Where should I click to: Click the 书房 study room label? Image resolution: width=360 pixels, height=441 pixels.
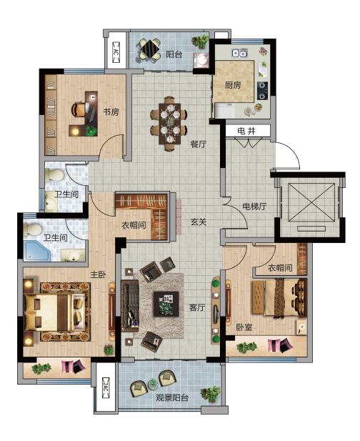click(x=111, y=112)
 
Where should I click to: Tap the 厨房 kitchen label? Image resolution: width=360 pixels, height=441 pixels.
click(x=233, y=84)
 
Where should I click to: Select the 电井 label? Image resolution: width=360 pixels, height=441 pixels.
click(x=246, y=131)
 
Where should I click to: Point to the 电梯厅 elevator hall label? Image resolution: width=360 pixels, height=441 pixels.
click(x=254, y=207)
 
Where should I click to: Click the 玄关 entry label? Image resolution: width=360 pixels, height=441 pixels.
click(x=199, y=222)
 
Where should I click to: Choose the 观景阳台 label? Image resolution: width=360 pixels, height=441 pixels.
click(x=172, y=397)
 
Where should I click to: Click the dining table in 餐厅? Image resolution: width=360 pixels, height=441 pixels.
click(x=170, y=124)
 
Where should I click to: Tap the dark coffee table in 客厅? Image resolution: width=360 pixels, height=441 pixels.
click(x=166, y=304)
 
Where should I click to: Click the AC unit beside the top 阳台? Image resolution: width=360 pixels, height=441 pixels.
click(x=116, y=51)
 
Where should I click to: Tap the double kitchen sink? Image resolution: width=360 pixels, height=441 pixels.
click(x=240, y=53)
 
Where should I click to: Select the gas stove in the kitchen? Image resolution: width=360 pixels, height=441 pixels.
click(x=262, y=91)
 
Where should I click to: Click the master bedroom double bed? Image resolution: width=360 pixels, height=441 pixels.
click(x=54, y=312)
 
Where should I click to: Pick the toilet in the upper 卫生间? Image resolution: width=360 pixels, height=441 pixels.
click(x=55, y=174)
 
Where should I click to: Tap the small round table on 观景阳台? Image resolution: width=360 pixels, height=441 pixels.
click(x=153, y=384)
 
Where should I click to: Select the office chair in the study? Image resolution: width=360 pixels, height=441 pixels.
click(x=79, y=109)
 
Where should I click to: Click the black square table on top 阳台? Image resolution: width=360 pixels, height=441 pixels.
click(x=150, y=49)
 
